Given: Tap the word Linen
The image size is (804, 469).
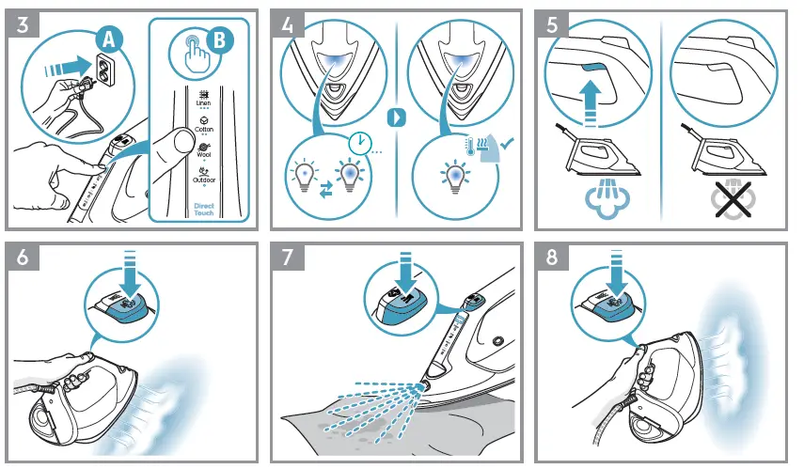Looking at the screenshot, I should click(x=203, y=102).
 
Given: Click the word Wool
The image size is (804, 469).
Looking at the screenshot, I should click(x=203, y=156).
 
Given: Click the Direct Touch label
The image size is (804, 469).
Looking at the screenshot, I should click(x=204, y=209).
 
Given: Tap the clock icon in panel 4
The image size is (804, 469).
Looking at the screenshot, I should click(x=356, y=144).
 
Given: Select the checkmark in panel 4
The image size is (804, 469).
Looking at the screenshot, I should click(x=507, y=143).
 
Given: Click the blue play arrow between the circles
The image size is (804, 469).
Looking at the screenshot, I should click(x=398, y=119).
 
